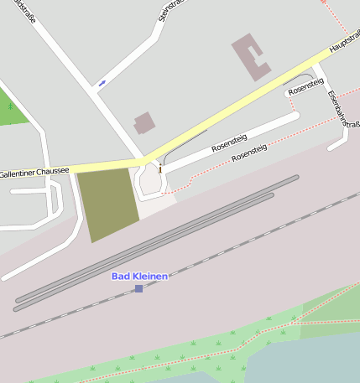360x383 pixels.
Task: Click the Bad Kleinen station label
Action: (x=139, y=276)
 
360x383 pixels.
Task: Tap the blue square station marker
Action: (x=138, y=288)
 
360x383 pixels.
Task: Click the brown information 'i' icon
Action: (x=159, y=169)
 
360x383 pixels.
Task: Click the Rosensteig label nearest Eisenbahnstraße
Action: (x=305, y=85)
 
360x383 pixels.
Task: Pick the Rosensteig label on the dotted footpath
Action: (x=249, y=152)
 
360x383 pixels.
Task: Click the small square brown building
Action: (x=144, y=123)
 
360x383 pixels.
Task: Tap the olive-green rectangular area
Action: (x=107, y=203)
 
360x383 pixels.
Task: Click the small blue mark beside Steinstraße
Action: (x=102, y=82)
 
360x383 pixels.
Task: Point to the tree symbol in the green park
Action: (x=9, y=107)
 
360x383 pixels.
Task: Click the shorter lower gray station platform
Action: (x=143, y=252)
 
